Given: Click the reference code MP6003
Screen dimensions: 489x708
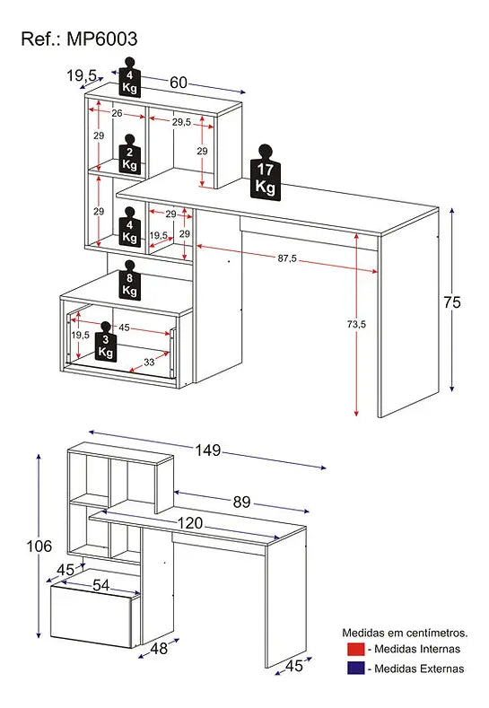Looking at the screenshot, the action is pyautogui.click(x=102, y=39).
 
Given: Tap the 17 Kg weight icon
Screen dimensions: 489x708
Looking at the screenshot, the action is pyautogui.click(x=265, y=172).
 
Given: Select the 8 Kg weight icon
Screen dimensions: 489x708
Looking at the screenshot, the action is pyautogui.click(x=129, y=280).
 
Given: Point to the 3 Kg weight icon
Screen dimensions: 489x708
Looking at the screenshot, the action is pyautogui.click(x=105, y=342).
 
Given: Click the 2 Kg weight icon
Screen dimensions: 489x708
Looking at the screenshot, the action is pyautogui.click(x=129, y=154).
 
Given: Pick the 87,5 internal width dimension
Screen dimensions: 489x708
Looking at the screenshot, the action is pyautogui.click(x=287, y=258).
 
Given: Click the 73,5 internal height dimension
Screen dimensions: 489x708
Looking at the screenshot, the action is pyautogui.click(x=357, y=324).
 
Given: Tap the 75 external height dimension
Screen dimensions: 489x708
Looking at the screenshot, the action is pyautogui.click(x=451, y=302).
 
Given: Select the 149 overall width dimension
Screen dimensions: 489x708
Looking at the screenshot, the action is pyautogui.click(x=207, y=450).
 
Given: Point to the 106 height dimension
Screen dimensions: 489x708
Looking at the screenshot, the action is pyautogui.click(x=39, y=546).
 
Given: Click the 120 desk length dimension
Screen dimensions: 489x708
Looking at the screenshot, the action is pyautogui.click(x=190, y=523).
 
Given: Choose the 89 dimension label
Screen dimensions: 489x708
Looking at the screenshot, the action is pyautogui.click(x=241, y=503).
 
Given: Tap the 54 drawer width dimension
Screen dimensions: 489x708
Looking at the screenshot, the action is pyautogui.click(x=100, y=585).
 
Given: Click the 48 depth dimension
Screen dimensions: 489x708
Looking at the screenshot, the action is pyautogui.click(x=159, y=649).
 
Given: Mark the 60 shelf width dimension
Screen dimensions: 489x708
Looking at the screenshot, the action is pyautogui.click(x=179, y=83).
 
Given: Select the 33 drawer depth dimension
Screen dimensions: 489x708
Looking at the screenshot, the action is pyautogui.click(x=149, y=363).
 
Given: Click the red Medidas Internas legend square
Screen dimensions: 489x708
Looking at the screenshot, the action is pyautogui.click(x=356, y=649).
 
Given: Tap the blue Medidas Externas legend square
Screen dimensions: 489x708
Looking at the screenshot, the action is pyautogui.click(x=356, y=669).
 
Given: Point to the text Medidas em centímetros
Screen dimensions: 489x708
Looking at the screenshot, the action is pyautogui.click(x=405, y=633).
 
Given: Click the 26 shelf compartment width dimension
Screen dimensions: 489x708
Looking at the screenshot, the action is pyautogui.click(x=117, y=113).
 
